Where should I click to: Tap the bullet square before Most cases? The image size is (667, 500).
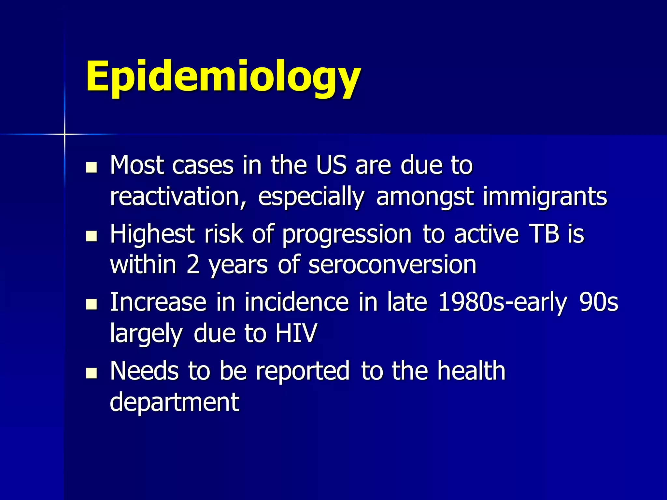tap(92, 167)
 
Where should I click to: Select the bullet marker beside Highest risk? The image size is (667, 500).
tap(92, 236)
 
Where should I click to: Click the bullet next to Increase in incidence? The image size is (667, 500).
tap(92, 305)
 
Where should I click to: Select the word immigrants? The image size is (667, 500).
tap(545, 197)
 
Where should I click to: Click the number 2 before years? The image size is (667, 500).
tap(193, 264)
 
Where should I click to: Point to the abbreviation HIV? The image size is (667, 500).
tap(296, 333)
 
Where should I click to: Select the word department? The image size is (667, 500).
tap(175, 402)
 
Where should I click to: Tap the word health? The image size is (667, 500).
tap(471, 371)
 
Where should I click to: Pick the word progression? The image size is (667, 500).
tap(347, 234)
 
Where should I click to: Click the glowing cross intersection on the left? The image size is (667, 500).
tap(64, 134)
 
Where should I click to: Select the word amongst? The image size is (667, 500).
tap(425, 197)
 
